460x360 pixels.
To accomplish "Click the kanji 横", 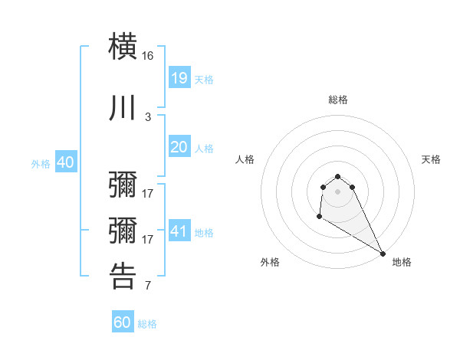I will point(123,47).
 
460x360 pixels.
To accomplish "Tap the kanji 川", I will point(123,107).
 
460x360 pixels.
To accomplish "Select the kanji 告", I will point(123,277).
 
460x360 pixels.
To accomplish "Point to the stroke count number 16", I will point(148,57).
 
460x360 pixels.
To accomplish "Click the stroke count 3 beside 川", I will point(148,116).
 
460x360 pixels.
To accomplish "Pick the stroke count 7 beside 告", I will point(148,286).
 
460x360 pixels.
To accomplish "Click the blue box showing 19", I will point(179,78).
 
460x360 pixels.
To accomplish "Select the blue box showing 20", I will point(179,147).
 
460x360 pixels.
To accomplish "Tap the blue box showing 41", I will point(179,231).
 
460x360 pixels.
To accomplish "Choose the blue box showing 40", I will point(65,162).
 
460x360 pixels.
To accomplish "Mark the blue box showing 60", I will point(123,322).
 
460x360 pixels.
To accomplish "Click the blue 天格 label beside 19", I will point(204,79).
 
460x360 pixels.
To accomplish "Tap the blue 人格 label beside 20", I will point(204,148).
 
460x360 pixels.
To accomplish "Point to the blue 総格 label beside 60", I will point(148,324).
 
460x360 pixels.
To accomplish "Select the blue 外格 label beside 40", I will point(41,163).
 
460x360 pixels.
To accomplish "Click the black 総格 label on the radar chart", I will point(338,100).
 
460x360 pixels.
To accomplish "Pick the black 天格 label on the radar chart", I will point(431,159).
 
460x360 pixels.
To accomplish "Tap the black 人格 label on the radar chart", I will point(245,159).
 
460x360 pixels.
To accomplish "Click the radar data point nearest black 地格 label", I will point(383,254).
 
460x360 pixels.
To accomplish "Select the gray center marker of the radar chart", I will point(338,191).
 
